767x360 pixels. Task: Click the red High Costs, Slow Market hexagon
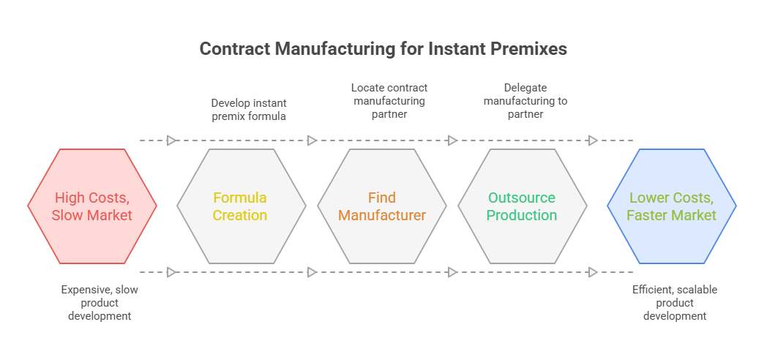pos(92,206)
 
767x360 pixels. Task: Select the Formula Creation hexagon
pos(242,206)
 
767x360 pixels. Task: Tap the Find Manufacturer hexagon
pos(382,206)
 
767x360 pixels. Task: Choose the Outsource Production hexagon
pos(523,206)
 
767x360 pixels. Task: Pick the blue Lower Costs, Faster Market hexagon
pos(672,206)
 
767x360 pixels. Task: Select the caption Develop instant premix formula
pos(249,110)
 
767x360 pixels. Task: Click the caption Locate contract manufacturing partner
pos(389,100)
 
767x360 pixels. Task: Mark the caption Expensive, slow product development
pos(100,303)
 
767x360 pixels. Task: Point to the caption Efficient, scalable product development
pos(675,303)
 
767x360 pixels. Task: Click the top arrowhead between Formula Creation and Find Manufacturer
pos(312,141)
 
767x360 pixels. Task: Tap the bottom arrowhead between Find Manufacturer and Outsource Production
pos(452,272)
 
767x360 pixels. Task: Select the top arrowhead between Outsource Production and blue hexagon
pos(593,141)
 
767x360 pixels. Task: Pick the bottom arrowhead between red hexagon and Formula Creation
pos(171,272)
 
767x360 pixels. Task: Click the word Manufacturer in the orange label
pos(382,215)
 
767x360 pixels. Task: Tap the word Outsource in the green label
pos(522,198)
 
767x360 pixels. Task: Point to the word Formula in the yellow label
pos(240,198)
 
